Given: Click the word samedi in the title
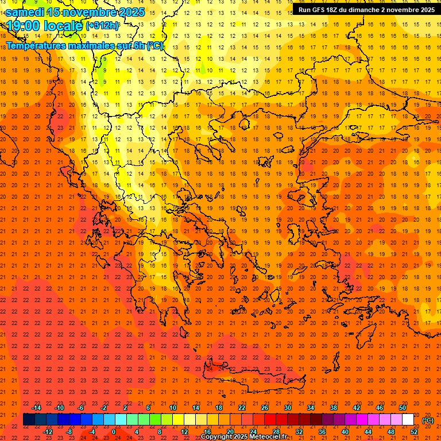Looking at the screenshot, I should pyautogui.click(x=26, y=12).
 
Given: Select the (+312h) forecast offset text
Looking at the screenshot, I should pyautogui.click(x=102, y=26).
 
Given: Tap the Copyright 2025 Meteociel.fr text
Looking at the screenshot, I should pyautogui.click(x=243, y=437).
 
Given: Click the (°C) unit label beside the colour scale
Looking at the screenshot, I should pyautogui.click(x=428, y=420).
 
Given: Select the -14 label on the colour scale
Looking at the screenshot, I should pyautogui.click(x=37, y=408).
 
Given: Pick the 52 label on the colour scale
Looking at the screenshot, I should pyautogui.click(x=414, y=431).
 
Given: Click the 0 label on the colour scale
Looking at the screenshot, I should pyautogui.click(x=113, y=431).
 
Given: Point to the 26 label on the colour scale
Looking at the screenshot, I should pyautogui.click(x=265, y=408).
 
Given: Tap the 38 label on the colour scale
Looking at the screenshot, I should pyautogui.click(x=333, y=408).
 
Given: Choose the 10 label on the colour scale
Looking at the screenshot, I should pyautogui.click(x=172, y=408).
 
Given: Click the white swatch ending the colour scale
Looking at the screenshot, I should pyautogui.click(x=408, y=420).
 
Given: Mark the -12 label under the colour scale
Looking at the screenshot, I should pyautogui.click(x=48, y=431).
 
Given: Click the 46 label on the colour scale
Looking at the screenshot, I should pyautogui.click(x=379, y=408).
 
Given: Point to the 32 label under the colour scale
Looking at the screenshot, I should pyautogui.click(x=299, y=431).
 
